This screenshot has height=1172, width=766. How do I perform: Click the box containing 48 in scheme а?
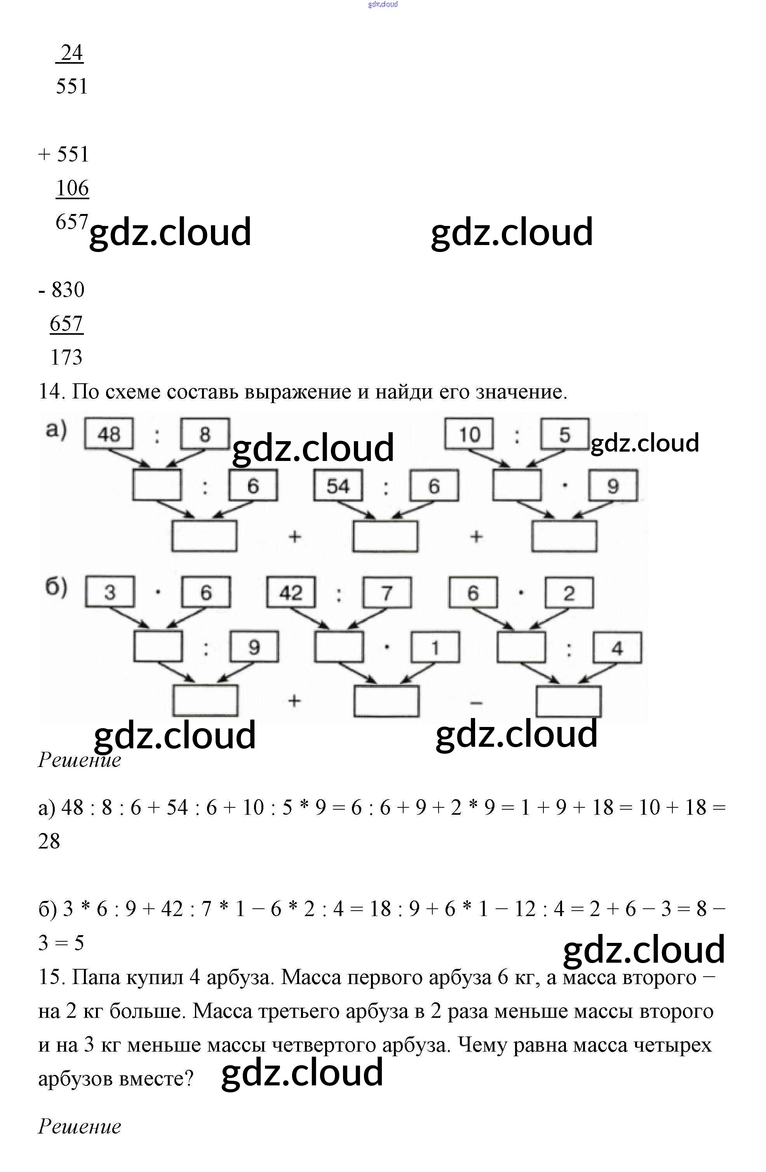(x=109, y=434)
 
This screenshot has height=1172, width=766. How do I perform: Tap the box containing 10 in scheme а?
(x=469, y=434)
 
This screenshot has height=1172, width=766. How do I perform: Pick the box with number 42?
(x=291, y=592)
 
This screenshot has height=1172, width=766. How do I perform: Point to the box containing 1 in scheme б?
(x=435, y=648)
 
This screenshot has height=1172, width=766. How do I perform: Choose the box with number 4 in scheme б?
(x=617, y=648)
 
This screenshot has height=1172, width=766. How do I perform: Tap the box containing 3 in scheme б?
(x=110, y=592)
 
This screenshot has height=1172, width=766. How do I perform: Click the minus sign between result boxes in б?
(x=476, y=703)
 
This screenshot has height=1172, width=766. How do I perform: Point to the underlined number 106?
(x=72, y=188)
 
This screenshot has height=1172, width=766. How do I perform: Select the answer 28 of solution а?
(x=49, y=841)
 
